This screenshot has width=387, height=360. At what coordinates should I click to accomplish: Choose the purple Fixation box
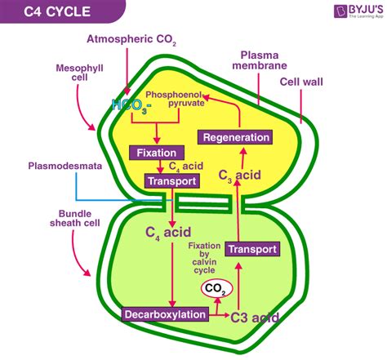(x=158, y=152)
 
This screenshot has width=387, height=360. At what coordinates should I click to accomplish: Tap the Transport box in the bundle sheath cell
(x=251, y=249)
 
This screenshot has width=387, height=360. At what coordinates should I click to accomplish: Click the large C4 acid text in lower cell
(x=168, y=233)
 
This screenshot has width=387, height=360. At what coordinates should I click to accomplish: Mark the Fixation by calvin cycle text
(x=204, y=260)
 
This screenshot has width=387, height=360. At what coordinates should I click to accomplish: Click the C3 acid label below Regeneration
(x=241, y=173)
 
